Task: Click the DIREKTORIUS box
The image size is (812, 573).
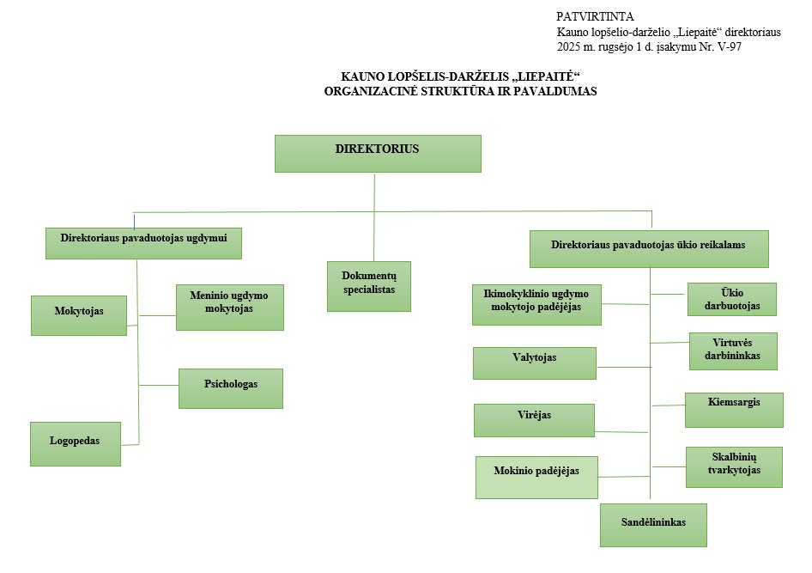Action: click(378, 154)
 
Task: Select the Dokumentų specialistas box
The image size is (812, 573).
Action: click(369, 286)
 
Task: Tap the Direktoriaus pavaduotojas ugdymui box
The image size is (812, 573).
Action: click(143, 243)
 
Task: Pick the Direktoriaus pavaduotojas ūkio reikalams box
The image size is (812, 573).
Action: click(648, 249)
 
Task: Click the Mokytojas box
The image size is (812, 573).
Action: click(79, 314)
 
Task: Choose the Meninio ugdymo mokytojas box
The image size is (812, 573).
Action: click(229, 308)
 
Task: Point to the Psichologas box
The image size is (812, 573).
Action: click(230, 387)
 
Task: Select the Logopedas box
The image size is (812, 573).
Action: click(76, 443)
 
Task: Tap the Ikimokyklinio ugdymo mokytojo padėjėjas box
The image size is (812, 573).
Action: click(536, 304)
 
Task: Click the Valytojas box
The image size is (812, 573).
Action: click(534, 363)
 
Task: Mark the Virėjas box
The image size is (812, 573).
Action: click(534, 420)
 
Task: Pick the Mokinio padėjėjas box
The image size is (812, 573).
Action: click(536, 477)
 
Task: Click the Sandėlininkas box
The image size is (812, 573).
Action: click(653, 525)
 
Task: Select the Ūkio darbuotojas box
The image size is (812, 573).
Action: click(731, 299)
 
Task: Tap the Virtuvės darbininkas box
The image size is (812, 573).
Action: click(733, 351)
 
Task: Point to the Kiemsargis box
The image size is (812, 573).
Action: click(734, 410)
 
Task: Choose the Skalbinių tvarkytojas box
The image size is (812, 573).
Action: click(734, 466)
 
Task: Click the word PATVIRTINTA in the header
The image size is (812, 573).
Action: click(595, 16)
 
